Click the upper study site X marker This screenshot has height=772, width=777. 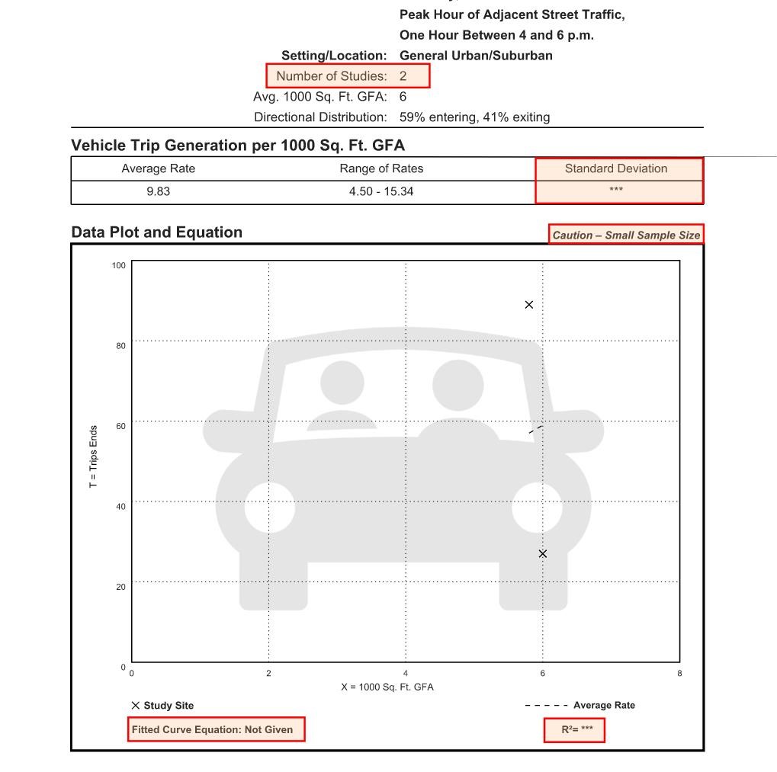coord(529,305)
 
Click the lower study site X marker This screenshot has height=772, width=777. coord(543,554)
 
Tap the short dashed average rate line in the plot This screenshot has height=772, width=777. coord(536,430)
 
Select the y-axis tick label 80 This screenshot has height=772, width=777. coord(120,346)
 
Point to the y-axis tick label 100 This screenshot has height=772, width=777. coord(118,265)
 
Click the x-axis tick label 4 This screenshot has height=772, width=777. coord(406,674)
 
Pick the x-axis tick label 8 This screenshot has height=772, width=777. coord(679,674)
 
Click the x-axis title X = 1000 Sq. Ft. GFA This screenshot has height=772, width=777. coord(387,687)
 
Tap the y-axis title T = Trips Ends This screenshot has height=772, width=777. coord(94,456)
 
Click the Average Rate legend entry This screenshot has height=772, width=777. coord(580,706)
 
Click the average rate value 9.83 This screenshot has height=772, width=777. coord(158,192)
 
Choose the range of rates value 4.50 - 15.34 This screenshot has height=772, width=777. coord(381,192)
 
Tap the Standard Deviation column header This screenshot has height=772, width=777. coord(616,169)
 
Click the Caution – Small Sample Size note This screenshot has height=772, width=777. coord(626,235)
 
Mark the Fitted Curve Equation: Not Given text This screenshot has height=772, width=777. coord(212,730)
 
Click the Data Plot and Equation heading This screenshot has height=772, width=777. coord(156,232)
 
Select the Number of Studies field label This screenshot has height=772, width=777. coord(331,76)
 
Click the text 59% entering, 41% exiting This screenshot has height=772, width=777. coord(474,117)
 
